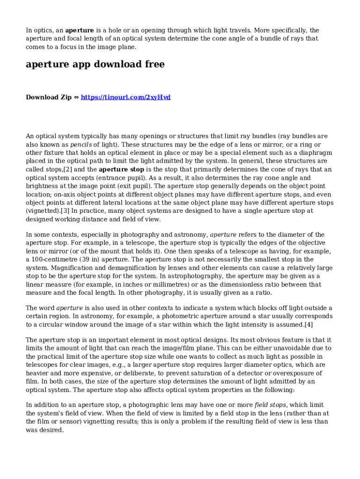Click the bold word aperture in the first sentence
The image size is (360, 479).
(79, 30)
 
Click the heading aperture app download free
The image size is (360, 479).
(95, 65)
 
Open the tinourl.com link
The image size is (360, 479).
(126, 97)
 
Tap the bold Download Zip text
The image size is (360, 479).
(49, 97)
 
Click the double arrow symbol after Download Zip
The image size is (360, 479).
(76, 97)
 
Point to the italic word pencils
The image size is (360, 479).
(81, 145)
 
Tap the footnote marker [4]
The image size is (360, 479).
(309, 325)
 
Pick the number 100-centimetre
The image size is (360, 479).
(56, 259)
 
